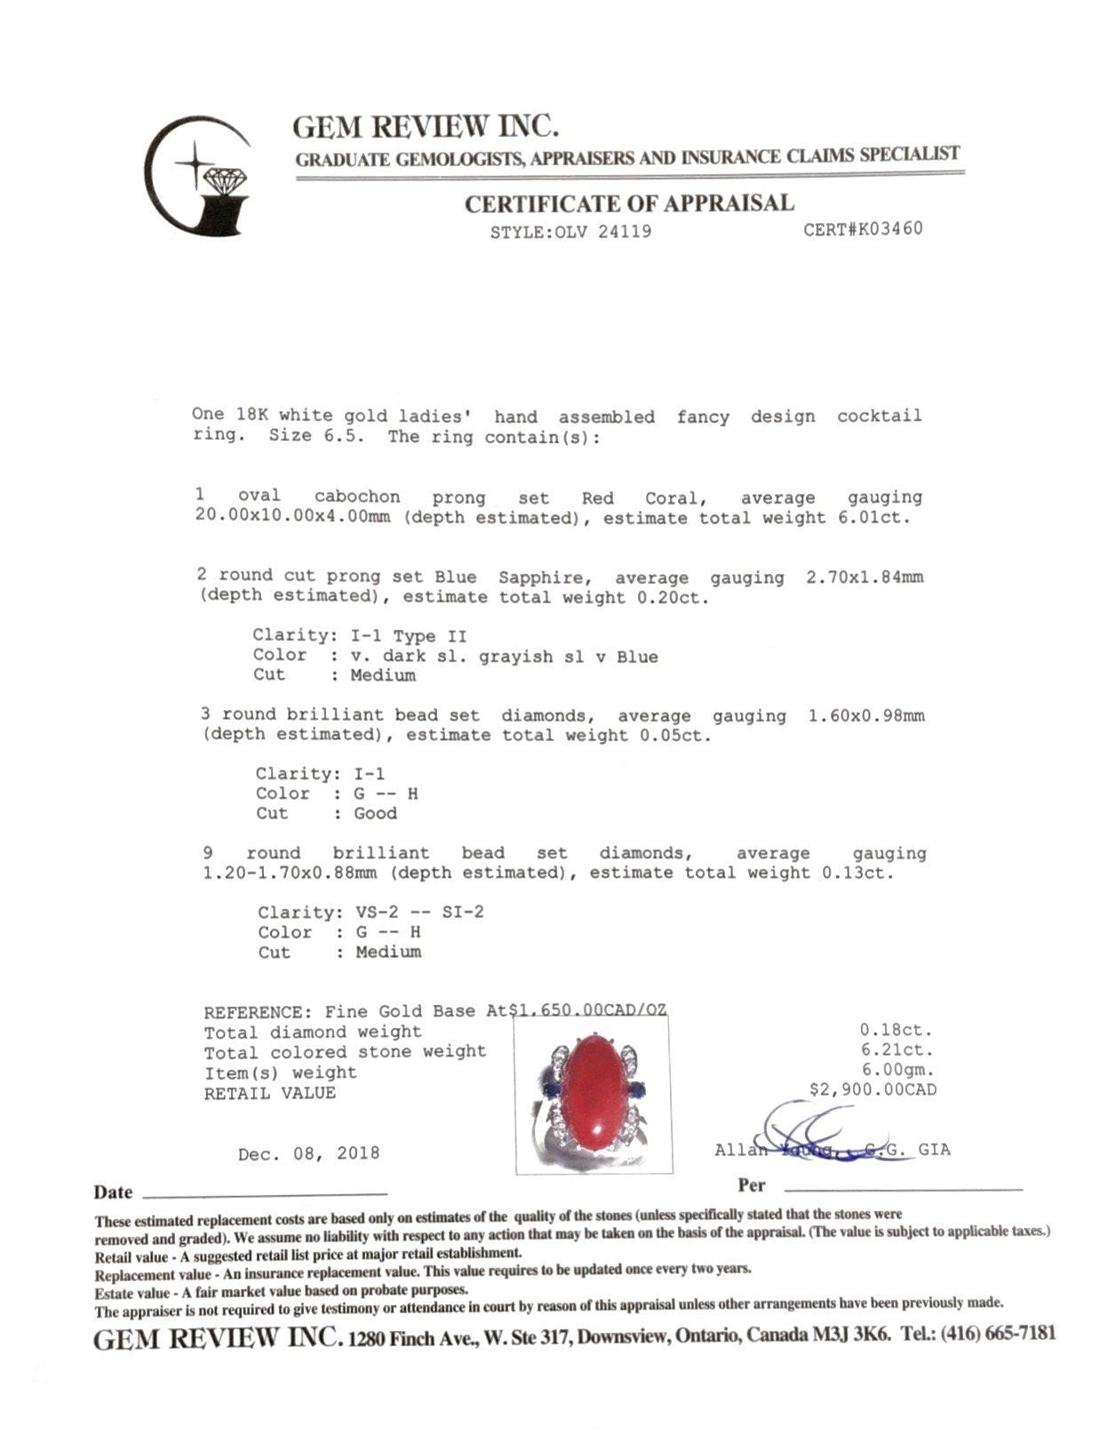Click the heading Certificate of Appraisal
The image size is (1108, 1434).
point(629,203)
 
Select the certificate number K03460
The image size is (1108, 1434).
point(863,229)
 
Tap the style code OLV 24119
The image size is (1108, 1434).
point(571,232)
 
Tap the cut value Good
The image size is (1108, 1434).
point(375,814)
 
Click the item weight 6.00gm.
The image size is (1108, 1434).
point(897,1070)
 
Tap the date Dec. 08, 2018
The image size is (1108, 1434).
point(308,1153)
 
